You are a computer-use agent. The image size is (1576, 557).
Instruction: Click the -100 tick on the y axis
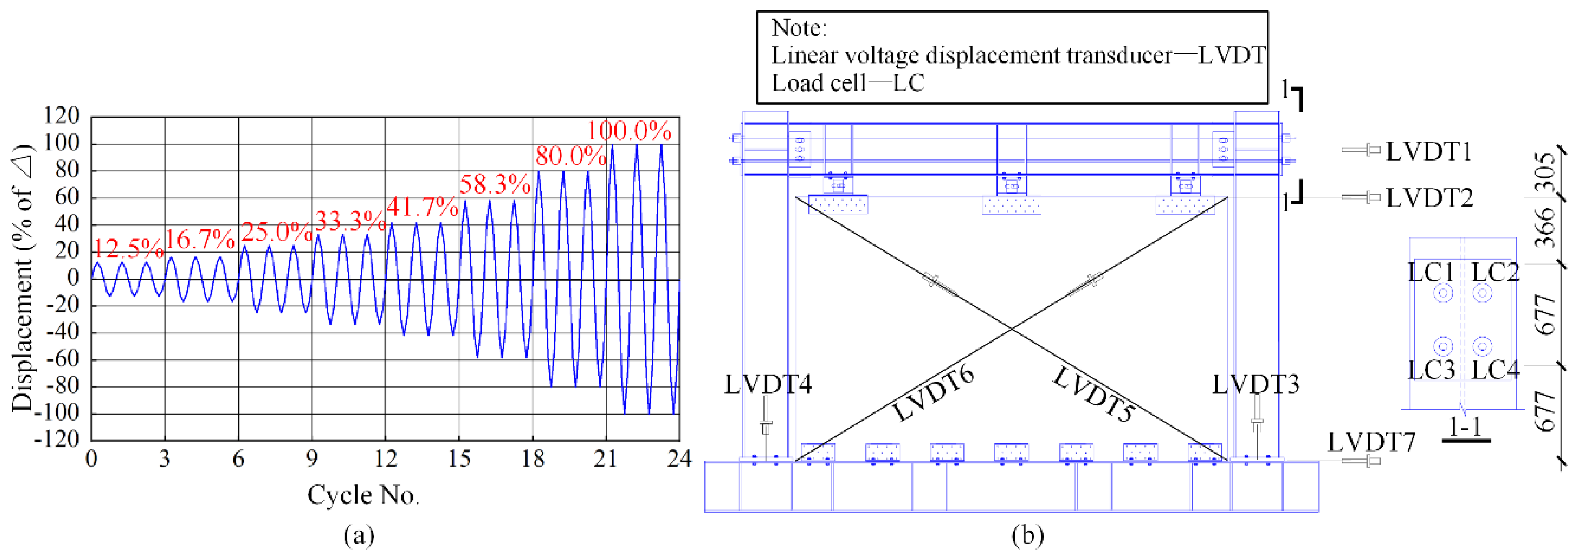tap(58, 413)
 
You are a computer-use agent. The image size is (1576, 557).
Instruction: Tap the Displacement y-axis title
tap(23, 279)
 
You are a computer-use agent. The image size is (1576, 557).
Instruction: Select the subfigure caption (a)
tap(358, 536)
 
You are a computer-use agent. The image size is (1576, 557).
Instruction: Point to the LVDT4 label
tap(768, 384)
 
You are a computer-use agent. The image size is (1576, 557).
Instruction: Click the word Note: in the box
tap(799, 28)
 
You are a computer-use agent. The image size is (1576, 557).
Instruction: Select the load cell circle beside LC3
tap(1443, 346)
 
